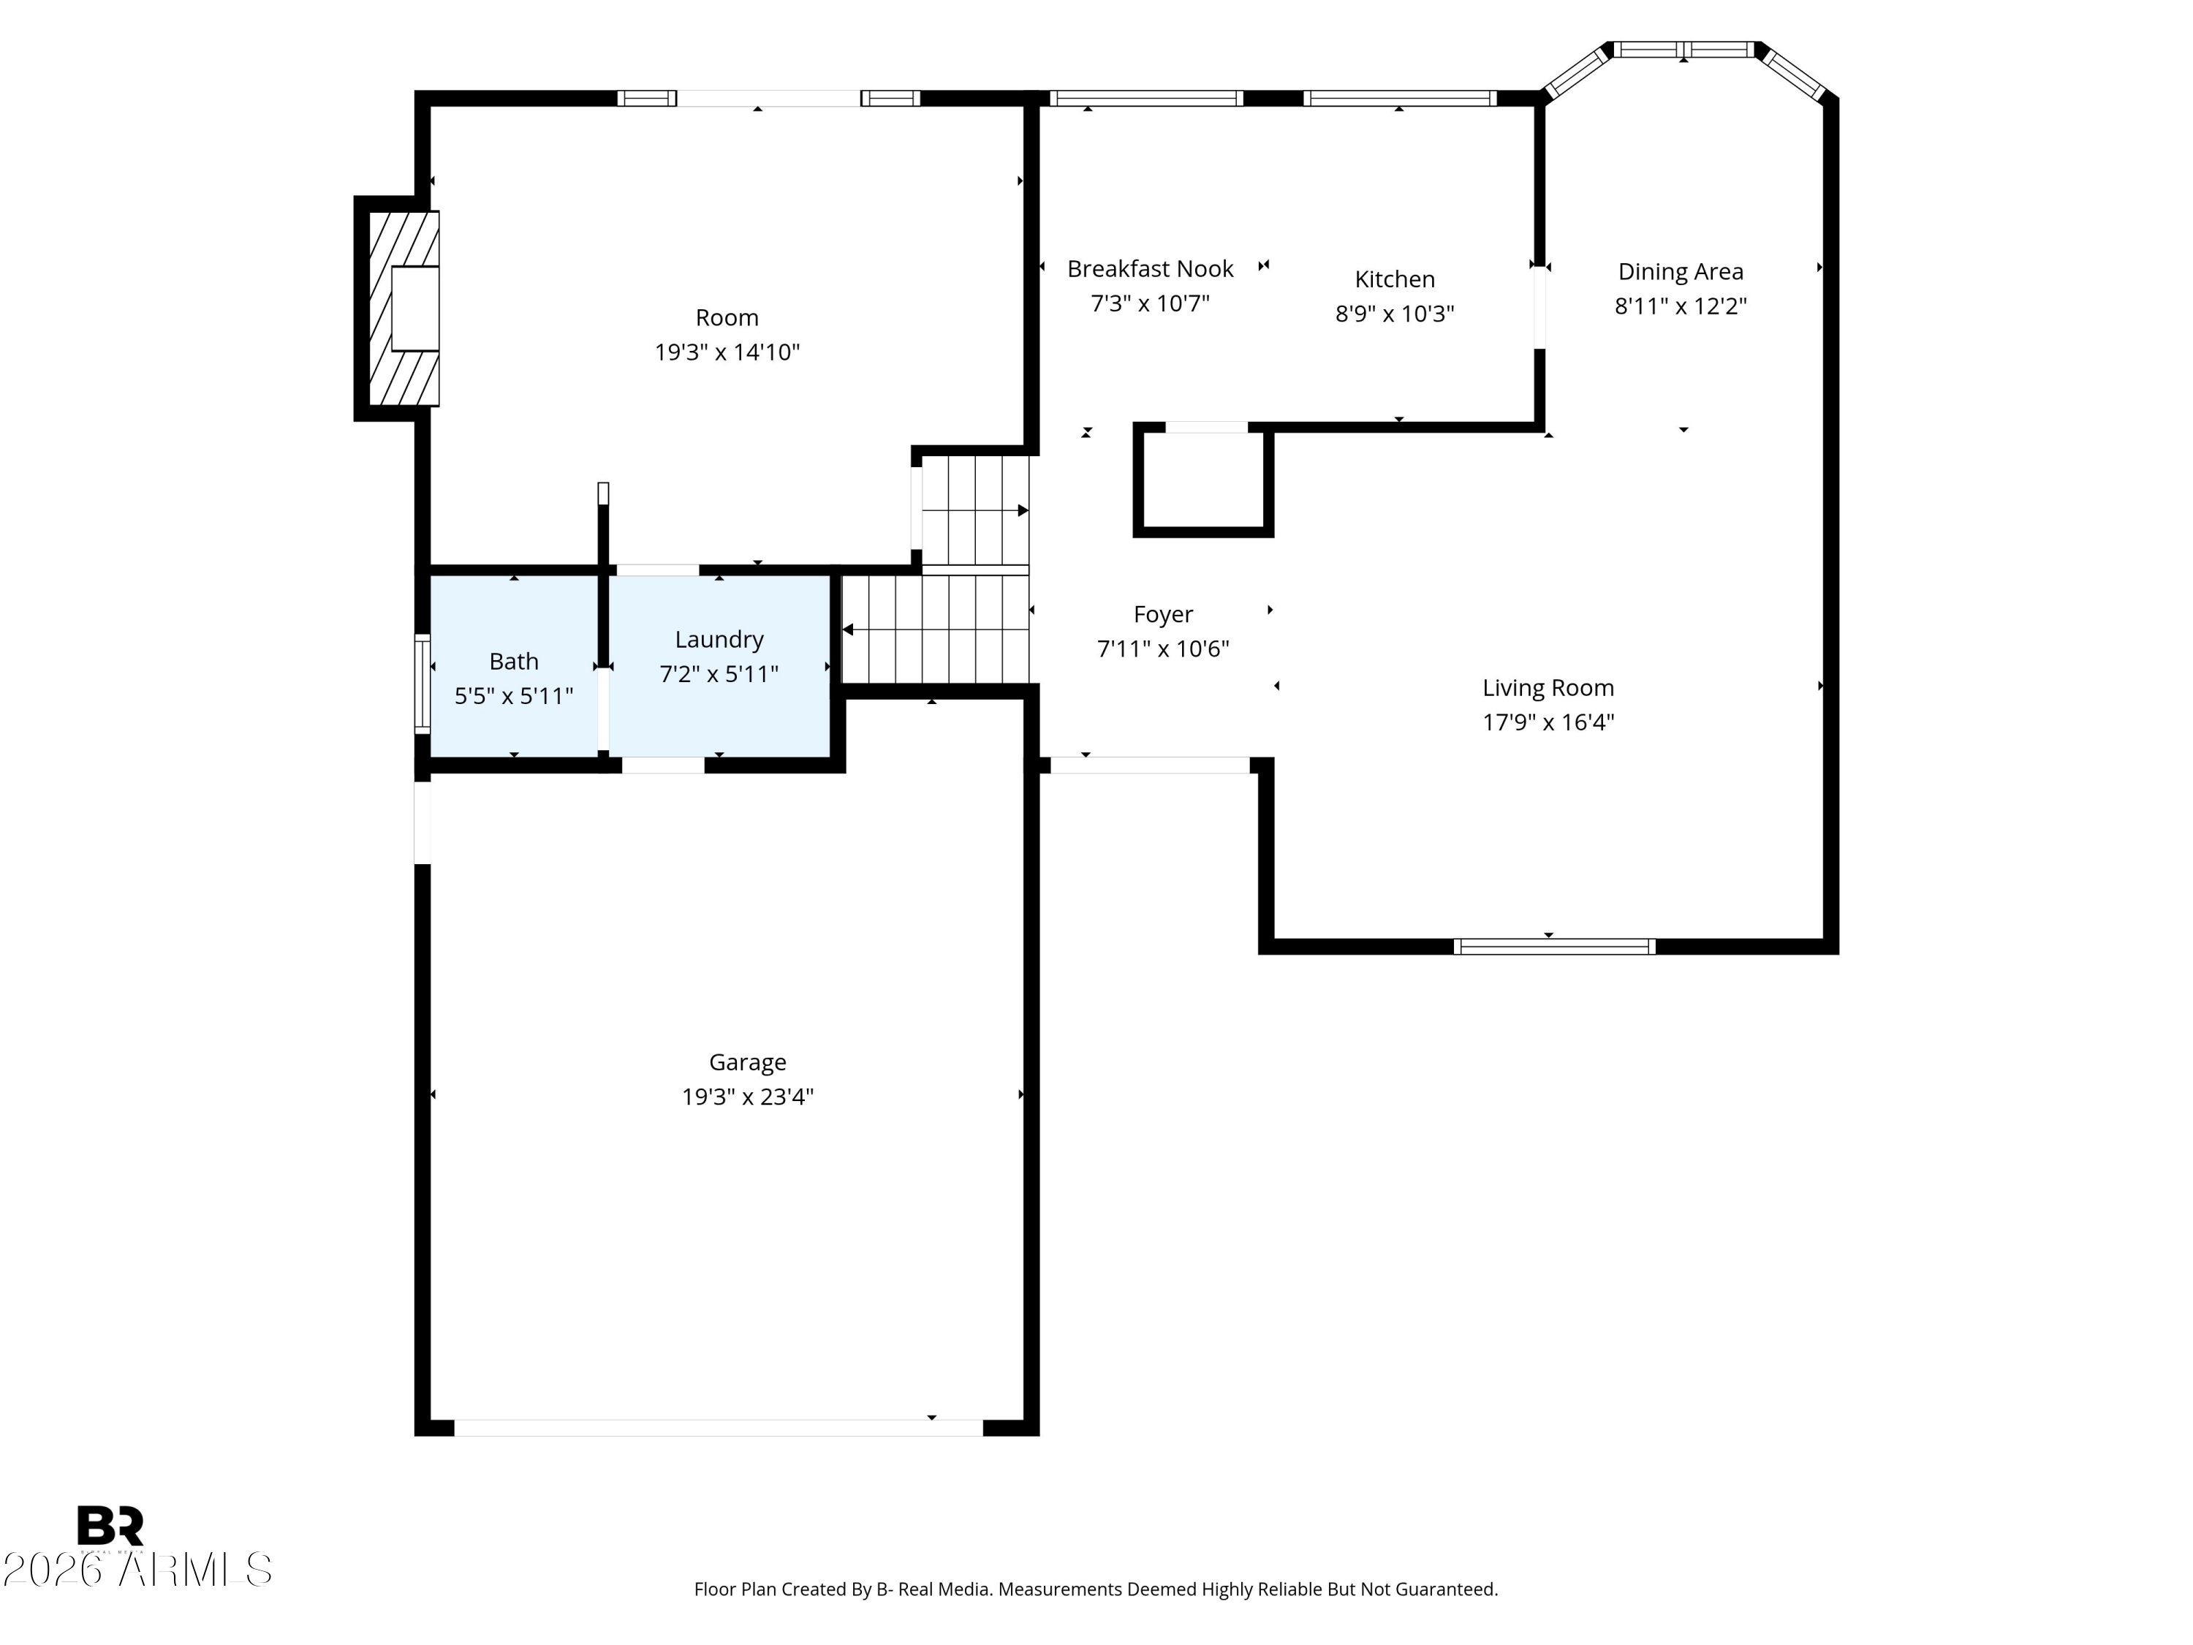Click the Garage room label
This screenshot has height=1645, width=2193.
click(x=748, y=1062)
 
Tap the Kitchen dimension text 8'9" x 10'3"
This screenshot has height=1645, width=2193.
click(x=1395, y=314)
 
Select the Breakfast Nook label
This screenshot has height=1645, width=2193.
click(x=1150, y=269)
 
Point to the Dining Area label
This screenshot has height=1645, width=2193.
click(x=1681, y=272)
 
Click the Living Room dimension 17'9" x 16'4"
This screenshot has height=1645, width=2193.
click(x=1548, y=722)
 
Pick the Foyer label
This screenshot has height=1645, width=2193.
click(x=1163, y=615)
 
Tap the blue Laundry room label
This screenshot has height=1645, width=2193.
click(x=719, y=640)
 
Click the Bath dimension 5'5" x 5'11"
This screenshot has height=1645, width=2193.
click(x=514, y=696)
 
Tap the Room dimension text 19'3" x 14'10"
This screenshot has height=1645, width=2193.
click(x=727, y=352)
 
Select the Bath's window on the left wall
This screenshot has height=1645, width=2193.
click(x=423, y=684)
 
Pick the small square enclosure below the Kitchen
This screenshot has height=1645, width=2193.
click(x=1203, y=480)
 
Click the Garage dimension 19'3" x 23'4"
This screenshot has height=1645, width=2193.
click(x=748, y=1097)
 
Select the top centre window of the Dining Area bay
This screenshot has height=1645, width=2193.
click(x=1683, y=50)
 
